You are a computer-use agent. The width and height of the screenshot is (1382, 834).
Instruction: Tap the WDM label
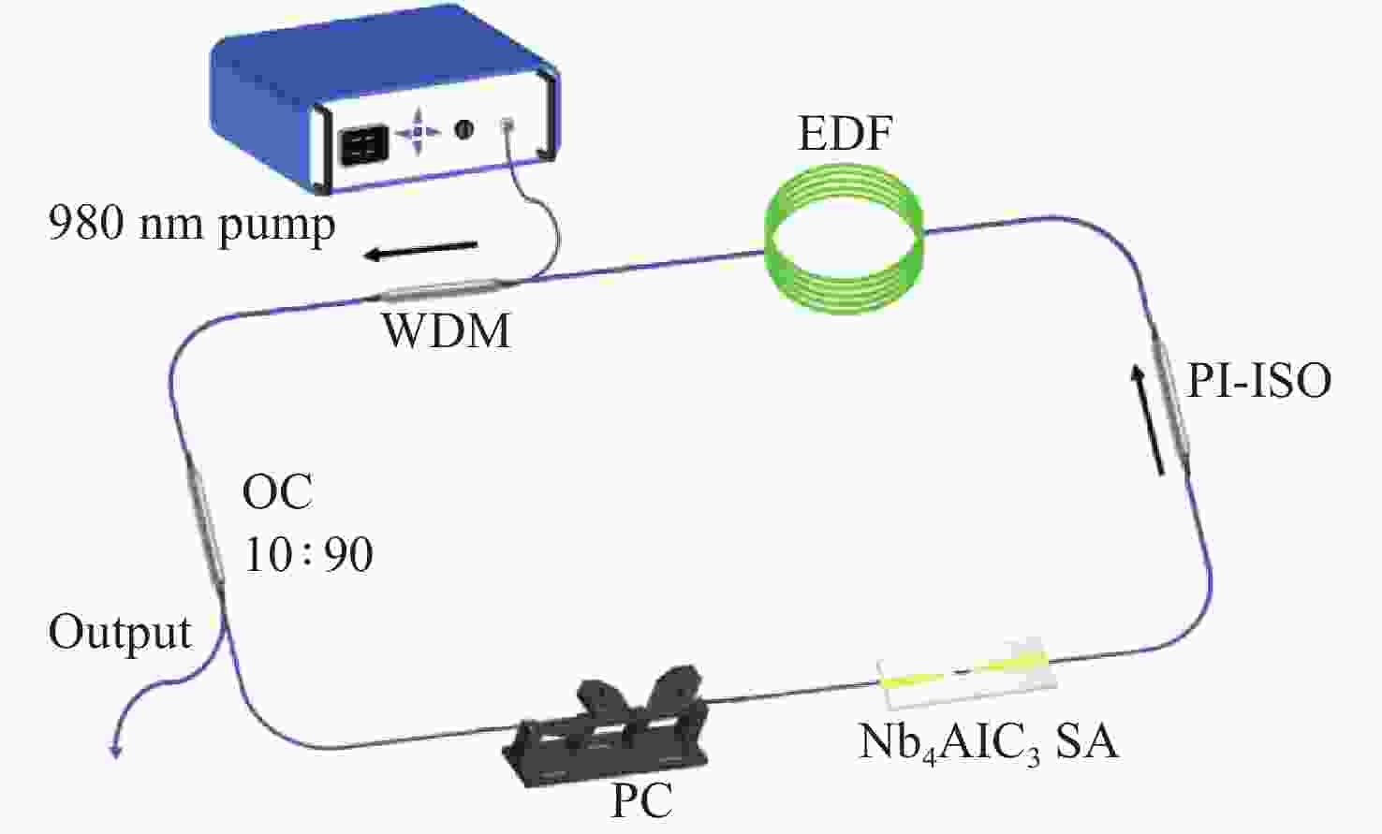(x=447, y=331)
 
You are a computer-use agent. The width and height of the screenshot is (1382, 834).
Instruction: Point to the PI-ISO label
(x=1259, y=381)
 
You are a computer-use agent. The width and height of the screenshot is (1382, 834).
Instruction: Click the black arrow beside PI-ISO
(x=1148, y=419)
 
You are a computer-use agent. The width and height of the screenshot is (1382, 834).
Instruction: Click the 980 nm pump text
(x=192, y=226)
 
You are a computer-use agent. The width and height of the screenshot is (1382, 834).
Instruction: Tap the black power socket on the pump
(x=364, y=146)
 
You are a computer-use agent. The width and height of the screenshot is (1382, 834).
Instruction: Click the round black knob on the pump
(x=463, y=129)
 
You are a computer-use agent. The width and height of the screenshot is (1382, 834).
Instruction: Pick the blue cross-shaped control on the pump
(x=418, y=131)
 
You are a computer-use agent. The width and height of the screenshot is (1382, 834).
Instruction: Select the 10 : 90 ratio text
(x=308, y=554)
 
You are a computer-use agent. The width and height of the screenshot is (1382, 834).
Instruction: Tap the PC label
(x=641, y=800)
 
